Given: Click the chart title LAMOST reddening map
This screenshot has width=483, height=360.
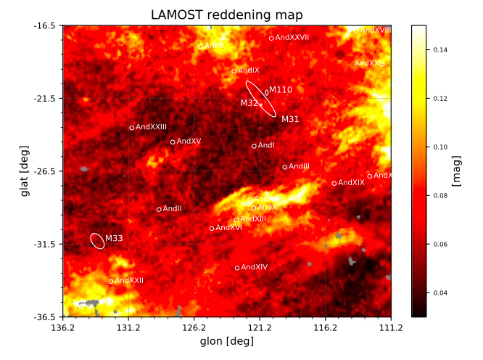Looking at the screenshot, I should click(x=226, y=15).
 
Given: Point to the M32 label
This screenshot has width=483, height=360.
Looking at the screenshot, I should click(x=249, y=104).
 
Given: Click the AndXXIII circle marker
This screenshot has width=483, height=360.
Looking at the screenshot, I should click(x=132, y=128).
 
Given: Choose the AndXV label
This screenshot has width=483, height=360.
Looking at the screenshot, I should click(x=189, y=141).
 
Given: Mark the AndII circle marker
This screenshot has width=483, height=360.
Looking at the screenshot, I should click(x=159, y=210).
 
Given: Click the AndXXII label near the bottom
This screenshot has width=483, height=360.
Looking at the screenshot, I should click(x=129, y=281).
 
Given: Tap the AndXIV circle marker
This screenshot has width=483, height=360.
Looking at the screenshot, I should click(x=237, y=268).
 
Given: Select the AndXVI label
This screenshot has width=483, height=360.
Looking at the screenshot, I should click(x=229, y=227).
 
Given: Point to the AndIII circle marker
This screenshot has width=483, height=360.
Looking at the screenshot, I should click(x=285, y=167).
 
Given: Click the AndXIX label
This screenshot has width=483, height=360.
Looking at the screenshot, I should click(x=351, y=183).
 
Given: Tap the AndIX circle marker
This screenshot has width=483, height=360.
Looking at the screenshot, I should click(x=234, y=71).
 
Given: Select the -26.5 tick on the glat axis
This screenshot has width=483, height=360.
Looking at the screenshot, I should click(x=46, y=171).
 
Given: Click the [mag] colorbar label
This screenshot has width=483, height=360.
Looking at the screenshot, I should click(x=456, y=171).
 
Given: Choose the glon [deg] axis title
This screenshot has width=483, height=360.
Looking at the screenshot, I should click(x=226, y=341).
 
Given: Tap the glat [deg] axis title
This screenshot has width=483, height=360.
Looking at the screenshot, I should click(x=26, y=171).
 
